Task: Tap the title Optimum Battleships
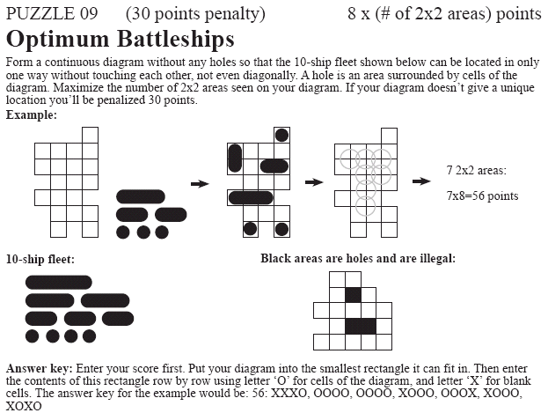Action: tap(120, 40)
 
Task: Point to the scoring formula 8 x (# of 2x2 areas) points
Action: tap(444, 14)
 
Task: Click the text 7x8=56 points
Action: tap(482, 195)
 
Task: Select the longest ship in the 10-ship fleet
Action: tap(59, 283)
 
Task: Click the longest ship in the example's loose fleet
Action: tap(141, 196)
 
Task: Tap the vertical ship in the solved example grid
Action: tap(235, 159)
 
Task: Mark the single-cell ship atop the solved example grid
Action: tap(281, 136)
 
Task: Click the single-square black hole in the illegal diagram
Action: tap(354, 294)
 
